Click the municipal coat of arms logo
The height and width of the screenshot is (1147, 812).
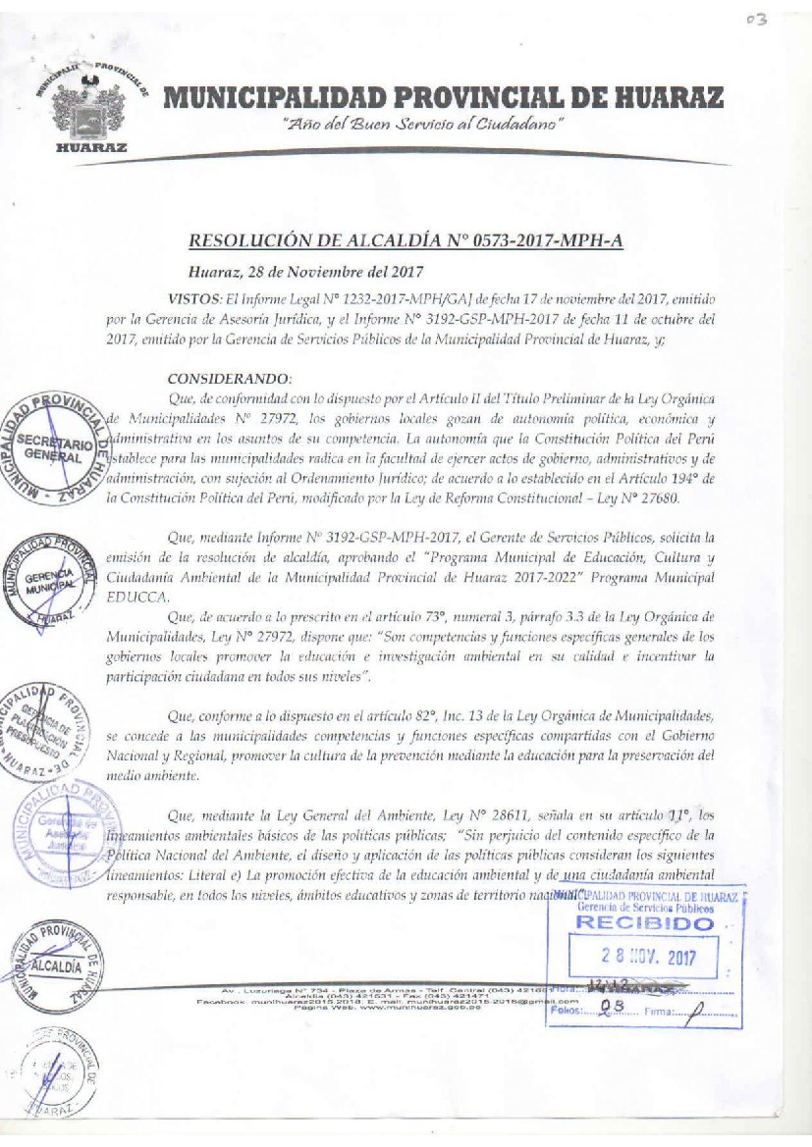[x=92, y=108]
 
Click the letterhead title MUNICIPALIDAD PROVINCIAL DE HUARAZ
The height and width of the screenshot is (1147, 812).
[x=444, y=98]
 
